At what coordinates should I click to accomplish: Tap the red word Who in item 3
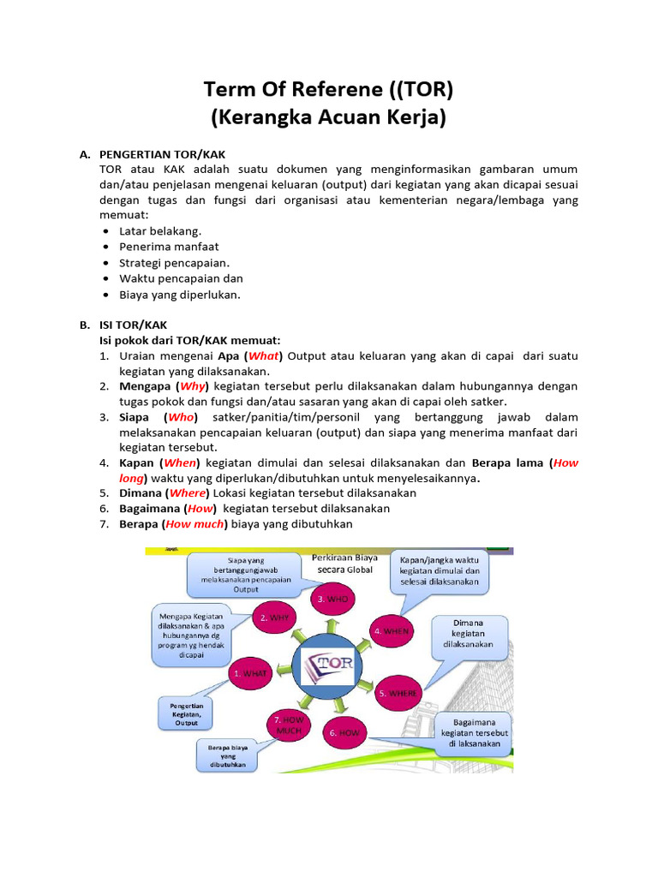[181, 417]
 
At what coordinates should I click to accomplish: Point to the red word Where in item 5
[188, 493]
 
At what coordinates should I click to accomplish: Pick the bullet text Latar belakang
[160, 231]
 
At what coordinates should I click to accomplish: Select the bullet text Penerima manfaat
[169, 247]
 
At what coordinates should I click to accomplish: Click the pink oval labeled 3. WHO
[332, 600]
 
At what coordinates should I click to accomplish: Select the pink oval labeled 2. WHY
[274, 617]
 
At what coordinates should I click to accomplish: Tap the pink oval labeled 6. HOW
[344, 733]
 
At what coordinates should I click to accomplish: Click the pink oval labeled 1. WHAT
[250, 674]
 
